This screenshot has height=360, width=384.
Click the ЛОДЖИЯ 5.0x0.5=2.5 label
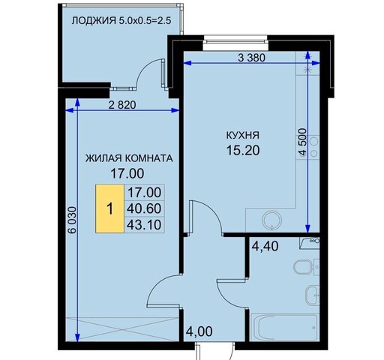[121, 20]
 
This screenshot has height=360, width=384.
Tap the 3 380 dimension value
[251, 58]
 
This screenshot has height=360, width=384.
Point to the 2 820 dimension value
[122, 105]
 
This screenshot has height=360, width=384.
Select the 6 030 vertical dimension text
[72, 220]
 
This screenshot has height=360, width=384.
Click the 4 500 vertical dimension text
[302, 142]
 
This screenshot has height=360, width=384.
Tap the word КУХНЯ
[243, 135]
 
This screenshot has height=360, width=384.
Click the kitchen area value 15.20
[243, 150]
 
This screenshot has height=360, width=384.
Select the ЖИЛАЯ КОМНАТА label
[129, 158]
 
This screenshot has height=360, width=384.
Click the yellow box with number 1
[110, 208]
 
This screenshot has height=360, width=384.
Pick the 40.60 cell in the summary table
[144, 208]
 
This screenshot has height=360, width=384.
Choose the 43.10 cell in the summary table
[144, 225]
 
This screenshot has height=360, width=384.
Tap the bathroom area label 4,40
[265, 246]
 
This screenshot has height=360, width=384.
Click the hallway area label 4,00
[199, 331]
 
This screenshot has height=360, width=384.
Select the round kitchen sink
[272, 220]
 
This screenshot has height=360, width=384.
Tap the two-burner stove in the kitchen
[313, 148]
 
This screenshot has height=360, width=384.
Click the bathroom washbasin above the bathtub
[312, 295]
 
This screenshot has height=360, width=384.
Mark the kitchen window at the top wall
[235, 40]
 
